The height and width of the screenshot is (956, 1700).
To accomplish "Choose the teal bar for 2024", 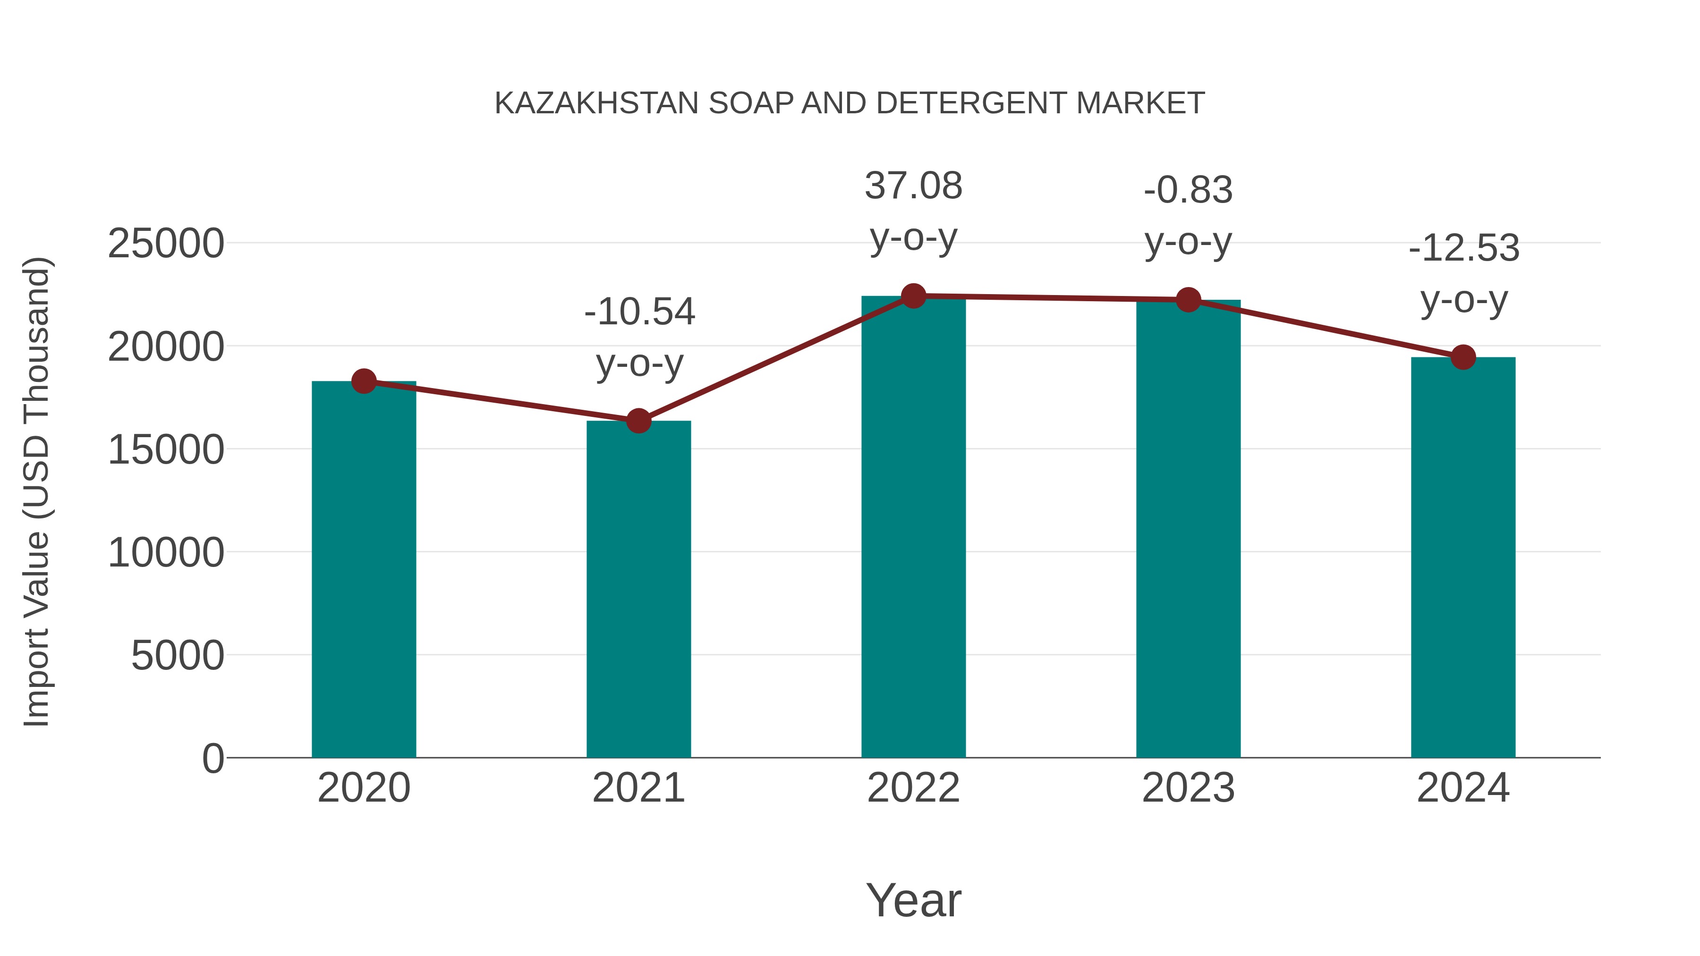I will click(1463, 557).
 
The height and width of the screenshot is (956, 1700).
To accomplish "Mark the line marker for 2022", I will click(913, 296).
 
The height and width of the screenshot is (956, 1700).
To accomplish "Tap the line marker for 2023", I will click(1188, 300).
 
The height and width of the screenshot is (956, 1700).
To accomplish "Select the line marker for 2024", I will click(1463, 357).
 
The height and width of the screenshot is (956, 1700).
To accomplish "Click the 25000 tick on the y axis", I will click(166, 244).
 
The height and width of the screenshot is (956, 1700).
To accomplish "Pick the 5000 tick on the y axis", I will click(178, 655).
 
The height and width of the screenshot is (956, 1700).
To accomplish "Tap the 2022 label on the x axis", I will click(913, 788).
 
